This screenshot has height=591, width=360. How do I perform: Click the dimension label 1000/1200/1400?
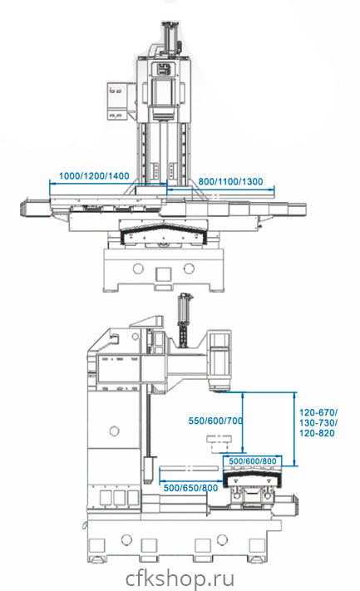[x=94, y=175]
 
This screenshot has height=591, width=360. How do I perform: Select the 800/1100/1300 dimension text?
[x=230, y=181]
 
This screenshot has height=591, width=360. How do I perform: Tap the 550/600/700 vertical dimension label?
[x=215, y=421]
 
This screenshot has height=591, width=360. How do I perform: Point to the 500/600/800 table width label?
[x=253, y=461]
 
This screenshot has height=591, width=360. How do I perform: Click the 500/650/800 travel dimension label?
[x=190, y=488]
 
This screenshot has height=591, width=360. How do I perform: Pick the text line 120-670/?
[x=318, y=412]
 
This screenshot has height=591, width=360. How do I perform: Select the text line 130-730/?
[x=318, y=422]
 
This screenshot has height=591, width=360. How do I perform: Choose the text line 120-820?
[x=317, y=433]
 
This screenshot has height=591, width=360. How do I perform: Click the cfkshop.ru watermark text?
[x=180, y=578]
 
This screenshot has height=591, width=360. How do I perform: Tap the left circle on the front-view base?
[x=138, y=268]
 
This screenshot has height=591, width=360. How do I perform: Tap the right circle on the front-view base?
[x=189, y=268]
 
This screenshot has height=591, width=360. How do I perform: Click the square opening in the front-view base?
[x=163, y=273]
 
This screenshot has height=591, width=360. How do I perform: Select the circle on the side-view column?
[x=114, y=431]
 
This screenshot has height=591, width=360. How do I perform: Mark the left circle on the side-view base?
[x=126, y=539]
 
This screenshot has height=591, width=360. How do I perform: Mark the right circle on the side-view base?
[x=223, y=539]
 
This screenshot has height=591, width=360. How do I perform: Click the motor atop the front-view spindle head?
[x=170, y=37]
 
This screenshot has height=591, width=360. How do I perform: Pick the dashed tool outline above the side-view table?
[x=219, y=444]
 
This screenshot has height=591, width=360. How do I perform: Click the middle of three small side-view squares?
[x=120, y=498]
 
